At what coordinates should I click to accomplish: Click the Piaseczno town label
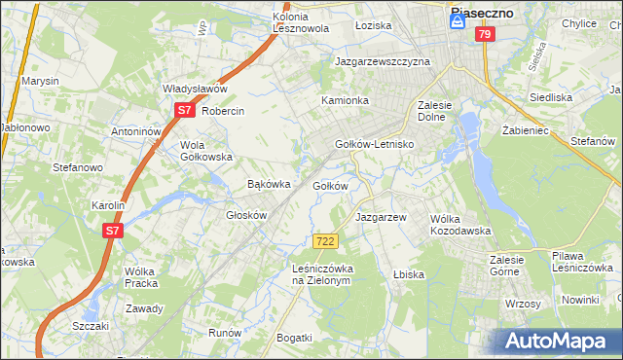tap(482, 14)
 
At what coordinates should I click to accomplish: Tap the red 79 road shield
tap(485, 34)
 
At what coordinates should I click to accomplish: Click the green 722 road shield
tap(326, 240)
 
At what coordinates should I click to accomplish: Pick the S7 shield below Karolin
tap(113, 231)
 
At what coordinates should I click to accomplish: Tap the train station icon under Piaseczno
tap(457, 29)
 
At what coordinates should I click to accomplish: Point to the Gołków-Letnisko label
tap(375, 144)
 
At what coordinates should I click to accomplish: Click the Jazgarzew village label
tap(380, 217)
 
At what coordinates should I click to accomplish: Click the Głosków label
tap(246, 215)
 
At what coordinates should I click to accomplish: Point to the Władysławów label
tap(195, 89)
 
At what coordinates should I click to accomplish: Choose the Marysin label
tap(41, 81)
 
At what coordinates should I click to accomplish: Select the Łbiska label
tap(408, 274)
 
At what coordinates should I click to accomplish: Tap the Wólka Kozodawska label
tap(460, 225)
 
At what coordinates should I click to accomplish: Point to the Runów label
tap(225, 333)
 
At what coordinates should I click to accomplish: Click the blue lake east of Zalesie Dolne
tap(468, 127)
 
